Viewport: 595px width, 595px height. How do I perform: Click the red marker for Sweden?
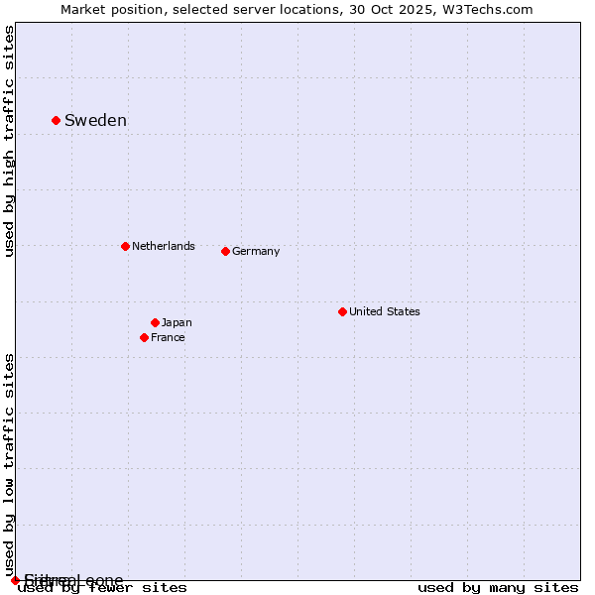coord(56,120)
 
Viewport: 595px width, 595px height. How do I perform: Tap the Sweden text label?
coord(95,121)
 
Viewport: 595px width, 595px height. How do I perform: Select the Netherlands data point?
coord(125,246)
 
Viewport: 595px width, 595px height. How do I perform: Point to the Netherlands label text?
coord(164,246)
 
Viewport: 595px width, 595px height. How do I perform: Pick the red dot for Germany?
coord(225,251)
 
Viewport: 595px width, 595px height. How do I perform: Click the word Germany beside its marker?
coord(256,252)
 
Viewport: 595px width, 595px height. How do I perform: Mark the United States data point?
coord(342,311)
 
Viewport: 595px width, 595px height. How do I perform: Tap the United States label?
coord(385,311)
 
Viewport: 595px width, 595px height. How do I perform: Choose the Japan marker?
coord(155,322)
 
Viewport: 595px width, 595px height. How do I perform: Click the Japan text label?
coord(177,323)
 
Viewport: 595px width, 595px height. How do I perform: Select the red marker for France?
coord(144,337)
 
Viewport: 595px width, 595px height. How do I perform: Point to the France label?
coord(168,338)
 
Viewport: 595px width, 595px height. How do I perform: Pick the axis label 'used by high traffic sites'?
coord(10,142)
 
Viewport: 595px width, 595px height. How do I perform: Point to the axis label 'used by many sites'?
coord(498,588)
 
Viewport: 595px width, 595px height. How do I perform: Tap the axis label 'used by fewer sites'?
coord(103,588)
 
